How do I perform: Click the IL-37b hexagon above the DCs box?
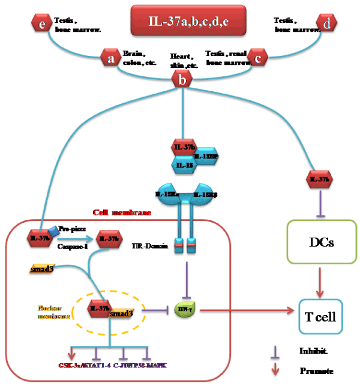click(x=316, y=178)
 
